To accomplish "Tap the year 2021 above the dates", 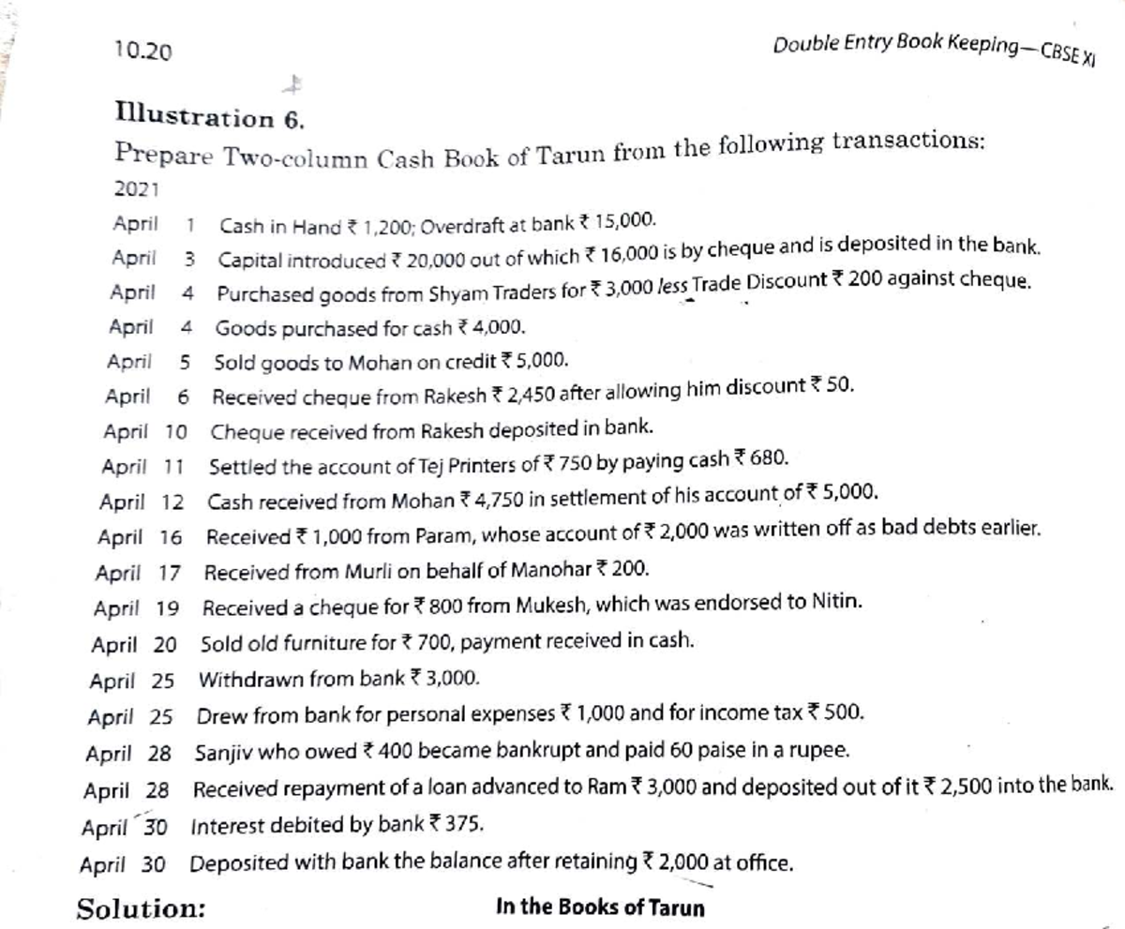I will [136, 187].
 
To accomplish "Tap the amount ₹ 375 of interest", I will [460, 826].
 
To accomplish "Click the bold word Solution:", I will [142, 908].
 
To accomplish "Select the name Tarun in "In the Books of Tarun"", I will [678, 907].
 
